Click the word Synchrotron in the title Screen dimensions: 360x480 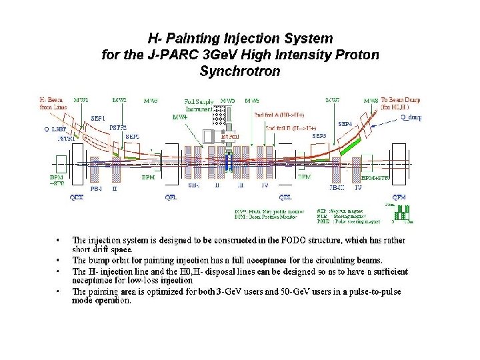239,69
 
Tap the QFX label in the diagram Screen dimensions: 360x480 77,197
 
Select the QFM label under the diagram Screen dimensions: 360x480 399,197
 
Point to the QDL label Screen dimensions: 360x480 285,197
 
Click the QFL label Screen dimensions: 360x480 171,197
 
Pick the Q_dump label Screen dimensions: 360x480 411,117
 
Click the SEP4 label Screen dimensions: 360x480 345,123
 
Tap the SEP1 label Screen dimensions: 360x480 98,117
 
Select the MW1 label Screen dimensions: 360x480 81,100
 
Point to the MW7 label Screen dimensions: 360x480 332,100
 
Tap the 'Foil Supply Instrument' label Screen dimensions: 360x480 199,104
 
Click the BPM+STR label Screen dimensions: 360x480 375,178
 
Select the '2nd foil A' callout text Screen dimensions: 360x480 279,114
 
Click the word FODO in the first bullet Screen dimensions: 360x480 287,240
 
